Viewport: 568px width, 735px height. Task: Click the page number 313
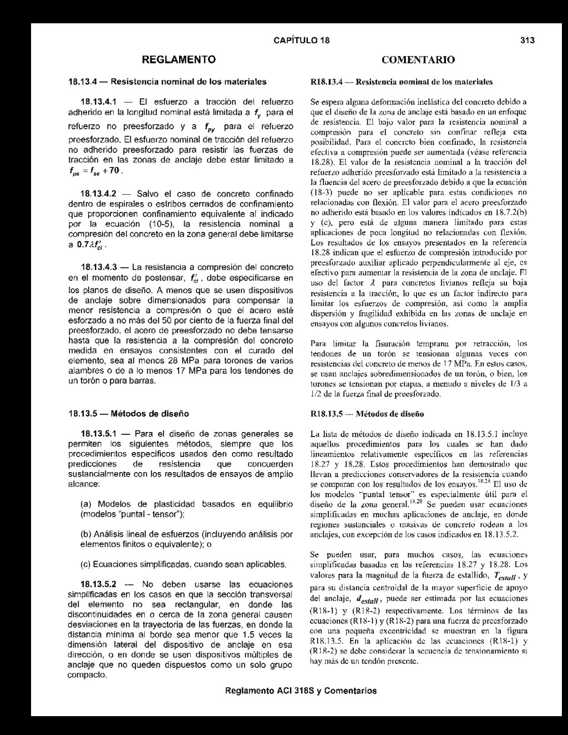[527, 40]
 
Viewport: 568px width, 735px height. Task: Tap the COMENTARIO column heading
[418, 59]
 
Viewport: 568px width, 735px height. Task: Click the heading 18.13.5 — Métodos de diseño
[128, 414]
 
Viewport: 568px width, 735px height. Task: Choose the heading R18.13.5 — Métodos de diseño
[367, 414]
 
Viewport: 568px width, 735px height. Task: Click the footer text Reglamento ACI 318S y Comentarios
[301, 691]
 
